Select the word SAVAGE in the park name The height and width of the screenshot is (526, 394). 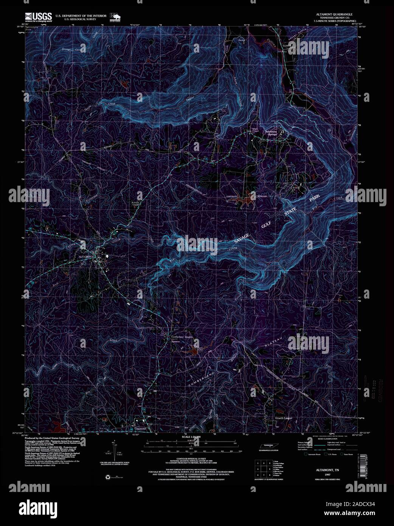click(x=242, y=238)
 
